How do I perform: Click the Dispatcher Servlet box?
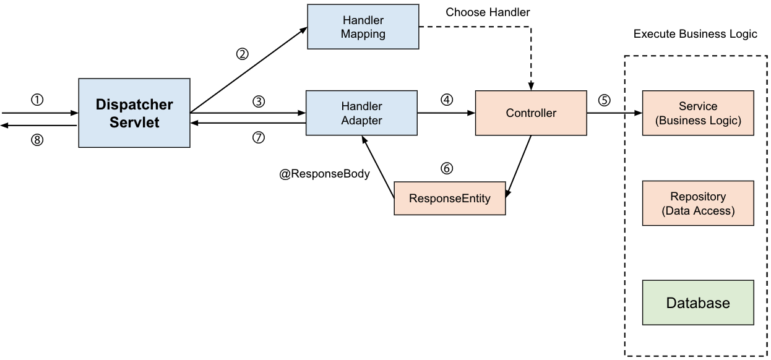[x=134, y=113]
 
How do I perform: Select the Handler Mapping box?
[x=363, y=27]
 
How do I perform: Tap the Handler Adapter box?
[x=362, y=113]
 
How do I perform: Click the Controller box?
[x=531, y=113]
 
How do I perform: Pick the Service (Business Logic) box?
[x=698, y=113]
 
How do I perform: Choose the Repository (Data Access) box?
[x=698, y=203]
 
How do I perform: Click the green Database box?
[x=698, y=303]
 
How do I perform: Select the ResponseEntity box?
[x=450, y=199]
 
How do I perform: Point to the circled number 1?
[x=37, y=100]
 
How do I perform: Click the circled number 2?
[x=242, y=54]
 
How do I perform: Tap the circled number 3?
[x=259, y=101]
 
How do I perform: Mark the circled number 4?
[x=447, y=100]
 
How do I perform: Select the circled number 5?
[x=604, y=100]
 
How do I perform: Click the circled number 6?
[x=447, y=168]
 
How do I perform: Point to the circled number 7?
[x=259, y=138]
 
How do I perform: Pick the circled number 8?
[x=37, y=139]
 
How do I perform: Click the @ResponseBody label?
[x=324, y=174]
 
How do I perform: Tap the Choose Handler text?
[x=488, y=12]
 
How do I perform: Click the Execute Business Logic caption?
[x=695, y=34]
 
